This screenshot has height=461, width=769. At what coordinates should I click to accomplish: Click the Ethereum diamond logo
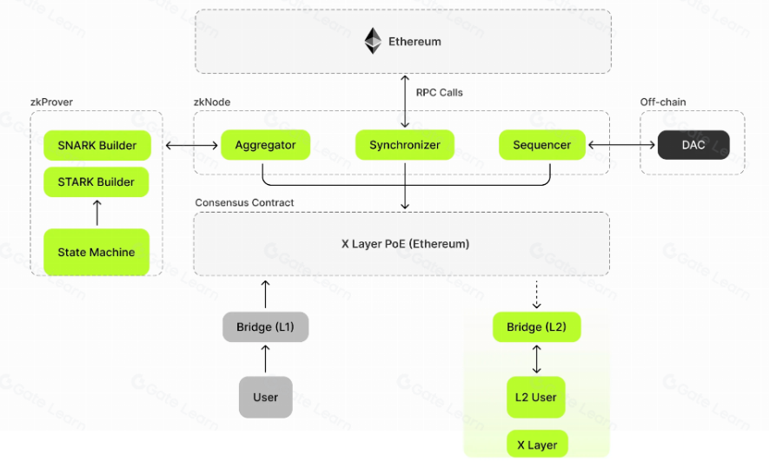(373, 41)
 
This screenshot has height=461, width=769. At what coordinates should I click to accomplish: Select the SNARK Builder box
(96, 145)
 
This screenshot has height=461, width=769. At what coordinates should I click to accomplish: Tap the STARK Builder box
(96, 181)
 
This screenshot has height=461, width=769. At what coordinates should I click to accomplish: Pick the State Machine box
(96, 252)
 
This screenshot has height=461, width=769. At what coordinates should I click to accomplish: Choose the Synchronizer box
(405, 145)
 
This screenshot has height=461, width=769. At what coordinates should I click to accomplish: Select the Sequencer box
(542, 145)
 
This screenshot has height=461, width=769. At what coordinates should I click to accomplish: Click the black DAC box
(693, 145)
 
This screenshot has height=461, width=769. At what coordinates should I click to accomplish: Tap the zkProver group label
(51, 102)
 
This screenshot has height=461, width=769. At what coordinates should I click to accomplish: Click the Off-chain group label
(663, 102)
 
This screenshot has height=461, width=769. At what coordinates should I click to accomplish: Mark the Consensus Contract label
(244, 203)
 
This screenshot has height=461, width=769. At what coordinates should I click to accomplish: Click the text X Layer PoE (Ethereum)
(405, 244)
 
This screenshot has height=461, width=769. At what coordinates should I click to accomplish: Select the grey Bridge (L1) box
(266, 327)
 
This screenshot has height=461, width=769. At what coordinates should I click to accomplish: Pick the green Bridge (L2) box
(536, 327)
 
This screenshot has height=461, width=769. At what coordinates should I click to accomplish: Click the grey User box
(266, 398)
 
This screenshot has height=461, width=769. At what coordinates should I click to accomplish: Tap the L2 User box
(536, 398)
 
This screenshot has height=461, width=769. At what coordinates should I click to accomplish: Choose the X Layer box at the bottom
(536, 445)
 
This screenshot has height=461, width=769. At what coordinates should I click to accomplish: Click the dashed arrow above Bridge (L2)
(536, 294)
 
